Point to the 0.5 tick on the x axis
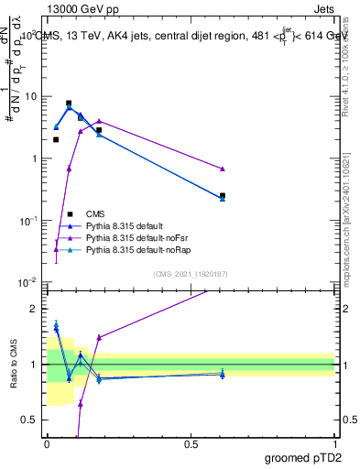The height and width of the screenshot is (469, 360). coord(191,444)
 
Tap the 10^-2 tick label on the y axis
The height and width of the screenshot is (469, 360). coord(29,283)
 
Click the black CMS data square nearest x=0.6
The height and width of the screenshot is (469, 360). coord(223,195)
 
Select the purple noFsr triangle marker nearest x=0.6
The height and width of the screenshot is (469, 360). coord(223,169)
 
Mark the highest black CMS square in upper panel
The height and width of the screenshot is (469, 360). coord(69,104)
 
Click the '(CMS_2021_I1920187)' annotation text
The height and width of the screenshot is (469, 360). coord(190,274)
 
